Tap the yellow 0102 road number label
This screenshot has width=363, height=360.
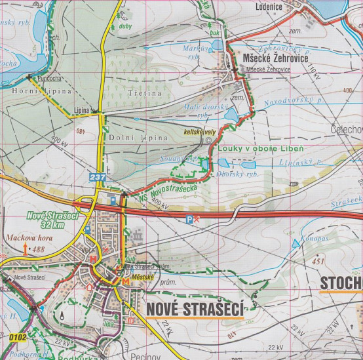(18, 338)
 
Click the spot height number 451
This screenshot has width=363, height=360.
(319, 262)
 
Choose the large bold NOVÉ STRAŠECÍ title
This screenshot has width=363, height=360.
(195, 308)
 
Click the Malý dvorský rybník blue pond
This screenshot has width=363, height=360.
(232, 116)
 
